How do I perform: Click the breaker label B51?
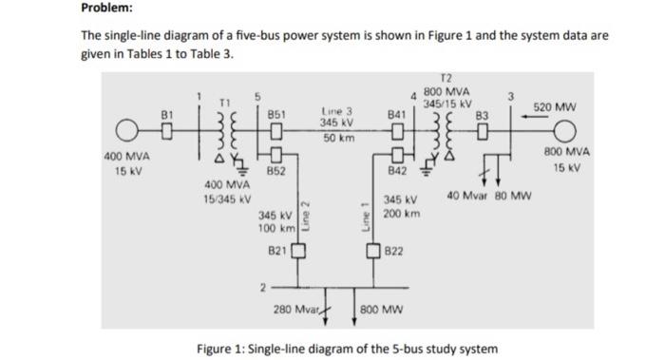[x=277, y=112]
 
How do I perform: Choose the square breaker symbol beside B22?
[x=376, y=251]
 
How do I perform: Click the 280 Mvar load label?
[x=294, y=310]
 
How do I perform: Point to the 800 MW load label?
[x=382, y=310]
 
